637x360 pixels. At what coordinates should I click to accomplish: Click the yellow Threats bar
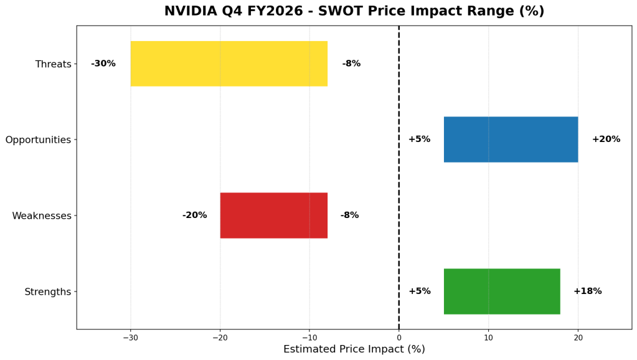[x=229, y=64]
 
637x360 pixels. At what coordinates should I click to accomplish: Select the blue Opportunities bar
[x=511, y=140]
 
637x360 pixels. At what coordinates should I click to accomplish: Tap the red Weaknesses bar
[x=273, y=216]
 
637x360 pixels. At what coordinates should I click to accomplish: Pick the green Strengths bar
[x=502, y=291]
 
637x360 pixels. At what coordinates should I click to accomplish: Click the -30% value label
[x=103, y=64]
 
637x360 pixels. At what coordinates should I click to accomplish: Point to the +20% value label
[x=606, y=140]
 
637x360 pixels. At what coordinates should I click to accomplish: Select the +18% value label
[x=587, y=291]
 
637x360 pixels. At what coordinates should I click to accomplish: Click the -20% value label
[x=194, y=216]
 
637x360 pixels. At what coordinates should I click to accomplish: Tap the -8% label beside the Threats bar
[x=351, y=64]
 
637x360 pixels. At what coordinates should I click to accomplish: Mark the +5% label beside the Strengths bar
[x=419, y=291]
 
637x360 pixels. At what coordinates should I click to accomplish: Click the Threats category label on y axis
[x=53, y=64]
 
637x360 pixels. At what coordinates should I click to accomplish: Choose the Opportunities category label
[x=38, y=140]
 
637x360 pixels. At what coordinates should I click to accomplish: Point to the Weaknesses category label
[x=42, y=216]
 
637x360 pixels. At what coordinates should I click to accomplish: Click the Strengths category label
[x=48, y=292]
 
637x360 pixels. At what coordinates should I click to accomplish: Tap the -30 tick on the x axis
[x=130, y=338]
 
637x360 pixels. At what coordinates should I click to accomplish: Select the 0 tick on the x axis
[x=399, y=338]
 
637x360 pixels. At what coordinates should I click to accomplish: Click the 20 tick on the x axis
[x=578, y=338]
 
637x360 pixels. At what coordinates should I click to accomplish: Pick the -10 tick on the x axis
[x=309, y=338]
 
